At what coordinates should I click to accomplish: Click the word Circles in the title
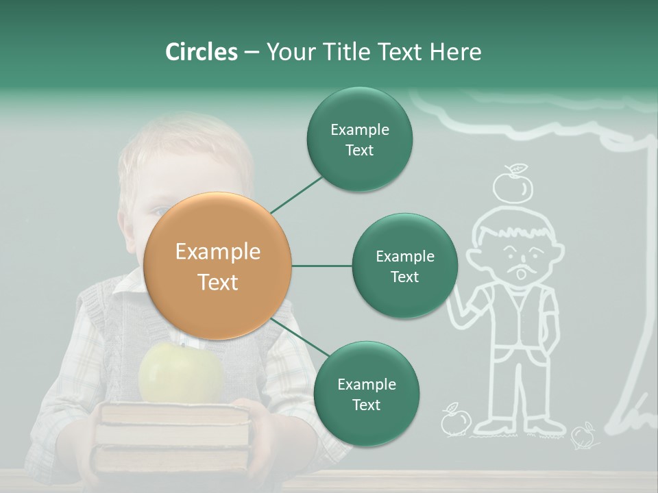click(x=201, y=52)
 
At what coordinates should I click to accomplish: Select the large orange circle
click(x=218, y=266)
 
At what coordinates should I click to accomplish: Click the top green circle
click(x=359, y=140)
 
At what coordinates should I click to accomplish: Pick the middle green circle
click(x=404, y=266)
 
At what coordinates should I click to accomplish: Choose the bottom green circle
click(x=366, y=394)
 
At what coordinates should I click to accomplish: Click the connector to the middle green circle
click(x=321, y=266)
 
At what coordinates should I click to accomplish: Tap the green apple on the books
click(x=180, y=373)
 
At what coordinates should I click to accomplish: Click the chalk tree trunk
click(x=641, y=288)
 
